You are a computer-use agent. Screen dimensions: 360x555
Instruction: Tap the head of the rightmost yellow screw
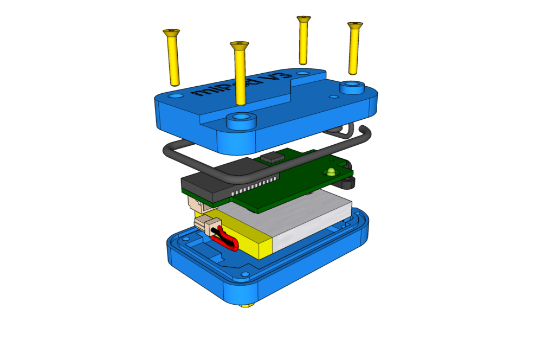pyautogui.click(x=355, y=25)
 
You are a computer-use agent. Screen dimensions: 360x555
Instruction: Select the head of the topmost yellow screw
pyautogui.click(x=304, y=20)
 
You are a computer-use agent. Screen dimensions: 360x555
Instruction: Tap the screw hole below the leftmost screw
pyautogui.click(x=176, y=96)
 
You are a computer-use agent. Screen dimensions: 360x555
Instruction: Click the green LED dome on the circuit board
pyautogui.click(x=331, y=171)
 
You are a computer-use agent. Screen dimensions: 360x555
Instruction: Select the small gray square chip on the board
pyautogui.click(x=273, y=157)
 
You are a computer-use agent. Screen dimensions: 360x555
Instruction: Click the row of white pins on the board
pyautogui.click(x=255, y=186)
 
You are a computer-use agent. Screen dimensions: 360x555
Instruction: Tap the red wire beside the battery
pyautogui.click(x=228, y=241)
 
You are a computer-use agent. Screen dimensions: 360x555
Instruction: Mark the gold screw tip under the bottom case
pyautogui.click(x=247, y=305)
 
